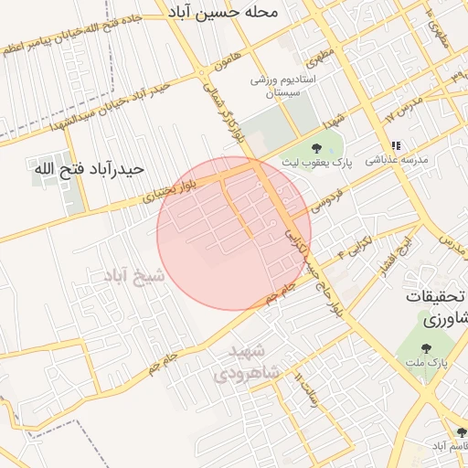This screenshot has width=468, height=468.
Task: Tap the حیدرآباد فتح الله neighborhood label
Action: (98, 169)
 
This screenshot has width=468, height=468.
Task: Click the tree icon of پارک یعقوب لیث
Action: (316, 148)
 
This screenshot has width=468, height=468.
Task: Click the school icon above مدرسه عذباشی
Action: (396, 145)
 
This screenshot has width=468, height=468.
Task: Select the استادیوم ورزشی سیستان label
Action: (284, 87)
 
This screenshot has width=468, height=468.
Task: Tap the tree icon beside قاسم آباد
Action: (460, 432)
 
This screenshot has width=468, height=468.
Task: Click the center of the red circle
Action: (234, 233)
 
